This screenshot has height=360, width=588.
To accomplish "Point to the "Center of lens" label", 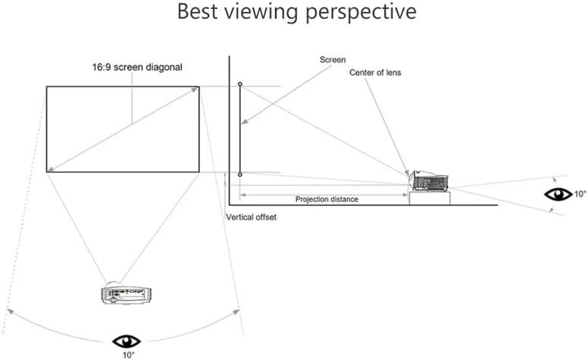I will [376, 73].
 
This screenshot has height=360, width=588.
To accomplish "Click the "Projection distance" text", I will [326, 199].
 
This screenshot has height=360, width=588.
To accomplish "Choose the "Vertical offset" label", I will [252, 218].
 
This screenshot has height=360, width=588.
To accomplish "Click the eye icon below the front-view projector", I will [127, 341].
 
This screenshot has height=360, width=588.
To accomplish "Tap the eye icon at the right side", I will [558, 193].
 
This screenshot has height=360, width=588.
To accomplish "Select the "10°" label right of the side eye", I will [580, 193].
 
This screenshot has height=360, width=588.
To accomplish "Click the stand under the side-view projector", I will [430, 198].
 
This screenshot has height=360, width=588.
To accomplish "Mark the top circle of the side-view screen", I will [240, 84].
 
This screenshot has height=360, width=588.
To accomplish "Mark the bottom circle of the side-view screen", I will [240, 174].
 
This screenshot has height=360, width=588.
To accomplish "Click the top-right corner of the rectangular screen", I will [199, 86].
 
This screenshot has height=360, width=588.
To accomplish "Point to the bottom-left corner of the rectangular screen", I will [47, 172].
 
